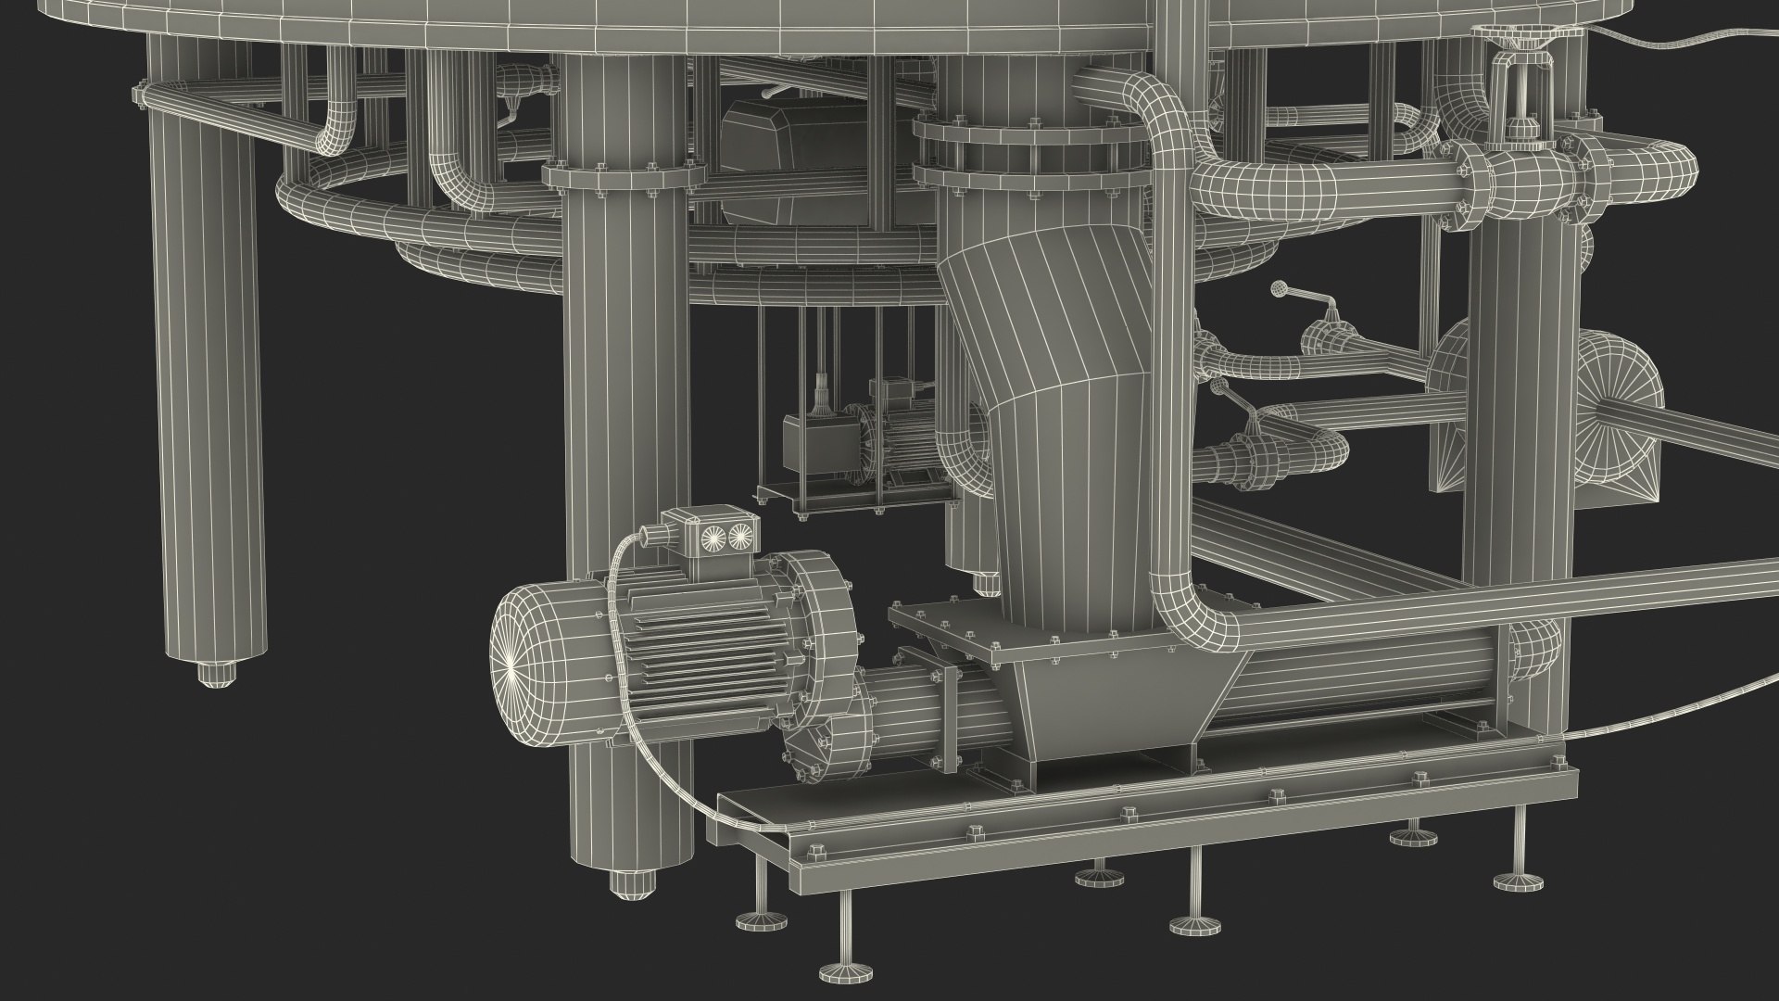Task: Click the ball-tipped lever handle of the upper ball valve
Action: (1281, 289)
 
